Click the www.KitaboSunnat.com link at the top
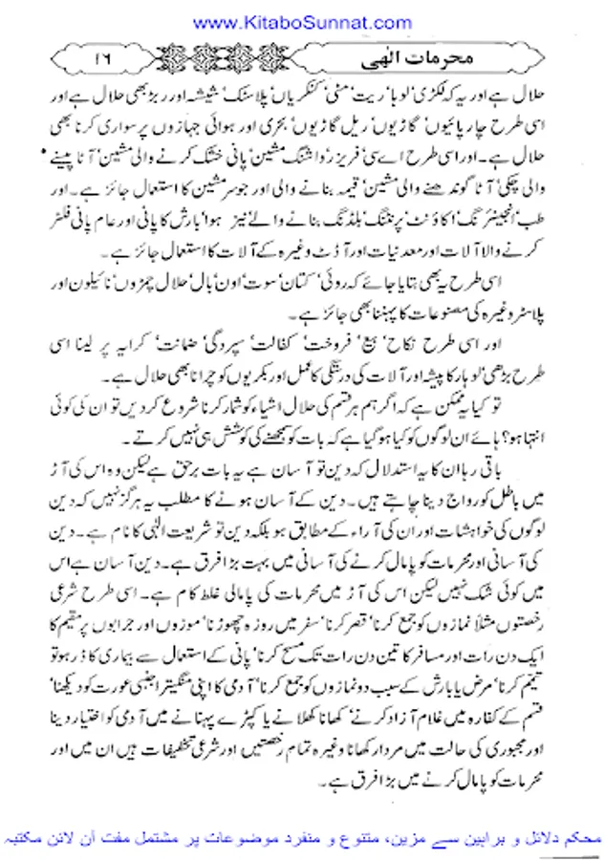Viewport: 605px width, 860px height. coord(302,18)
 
